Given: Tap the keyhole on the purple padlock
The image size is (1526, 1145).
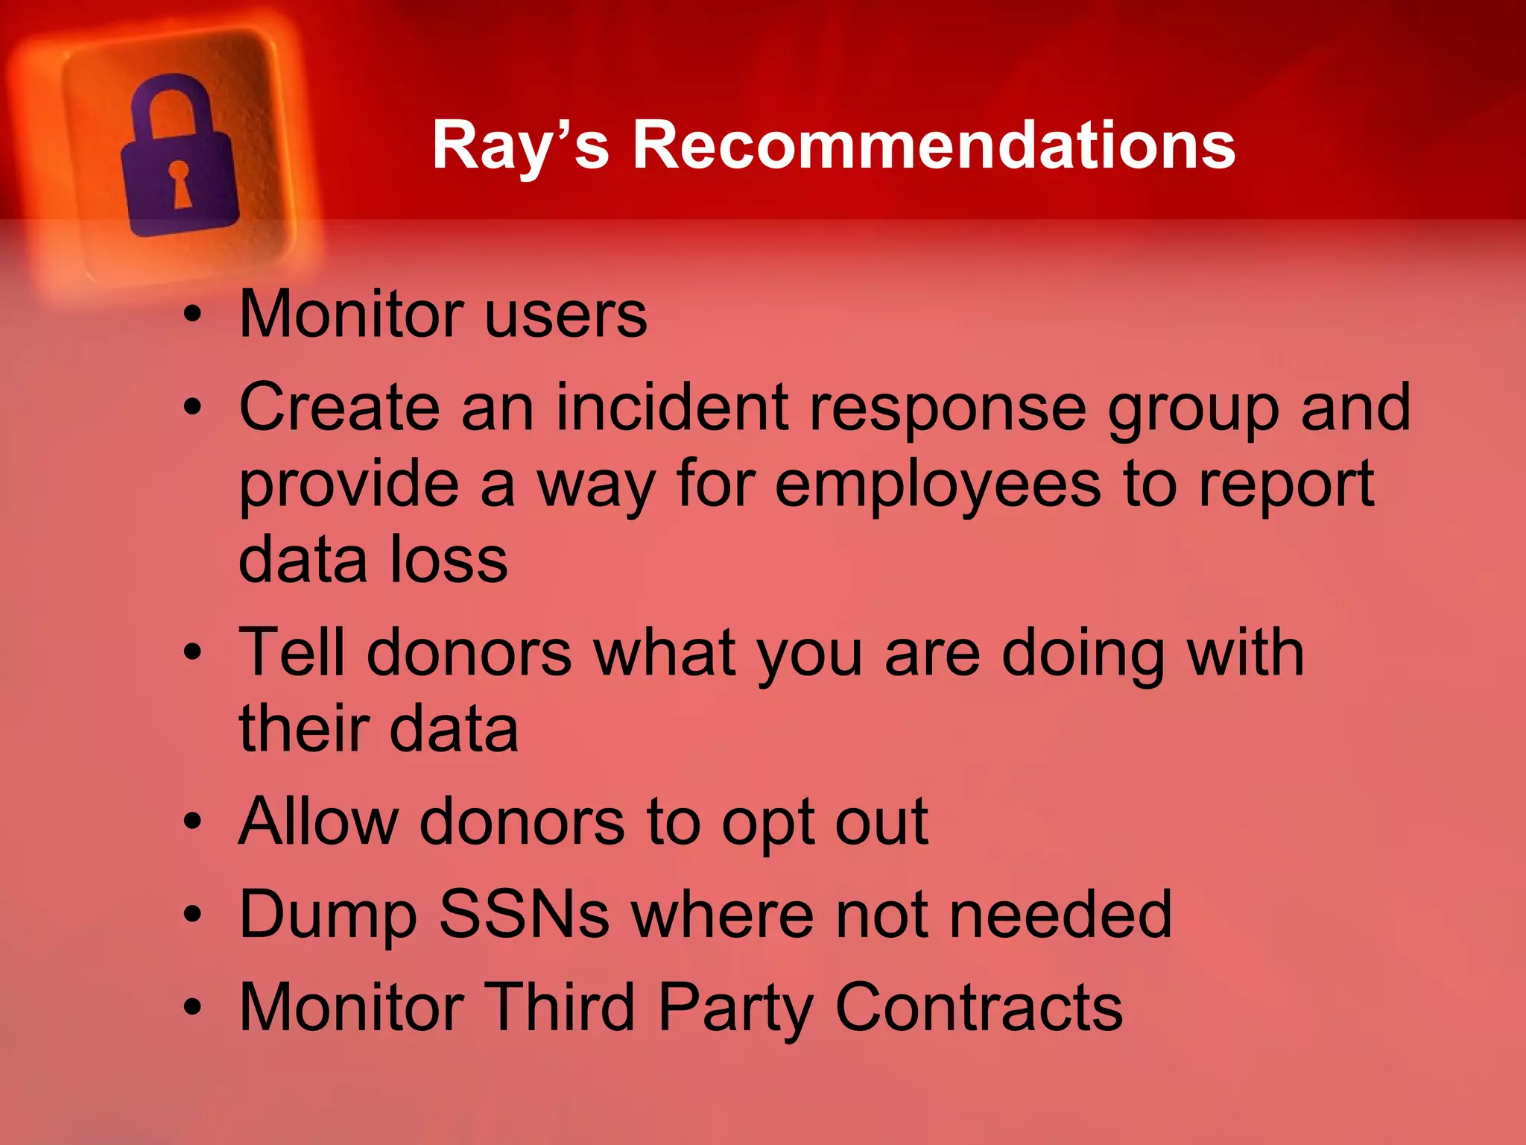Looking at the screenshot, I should click(180, 183).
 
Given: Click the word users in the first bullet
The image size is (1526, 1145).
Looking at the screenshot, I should click(566, 315).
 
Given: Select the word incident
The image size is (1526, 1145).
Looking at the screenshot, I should click(672, 408).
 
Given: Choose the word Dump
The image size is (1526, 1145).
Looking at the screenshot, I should click(328, 915).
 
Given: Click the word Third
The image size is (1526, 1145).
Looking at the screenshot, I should click(560, 1007).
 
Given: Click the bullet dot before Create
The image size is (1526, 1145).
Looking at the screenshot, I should click(193, 408).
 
